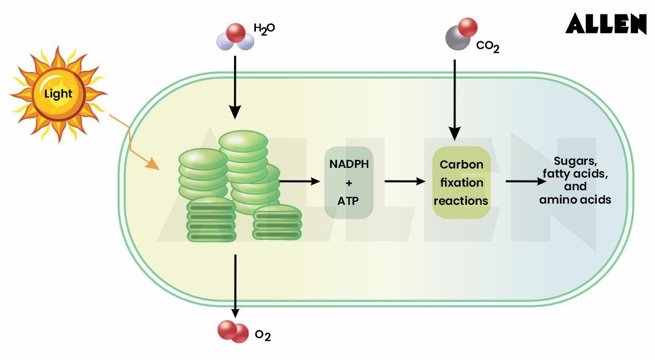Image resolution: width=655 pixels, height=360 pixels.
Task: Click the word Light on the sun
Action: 58,93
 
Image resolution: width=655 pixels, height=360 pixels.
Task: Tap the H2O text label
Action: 264,28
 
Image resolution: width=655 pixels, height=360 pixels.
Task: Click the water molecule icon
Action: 235,37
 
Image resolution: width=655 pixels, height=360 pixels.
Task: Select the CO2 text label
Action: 488,47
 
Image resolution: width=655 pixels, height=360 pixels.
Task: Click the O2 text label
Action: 263,335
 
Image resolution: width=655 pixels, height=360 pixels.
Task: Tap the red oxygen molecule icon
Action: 233,332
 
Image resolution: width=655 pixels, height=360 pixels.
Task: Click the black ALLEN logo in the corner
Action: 606,23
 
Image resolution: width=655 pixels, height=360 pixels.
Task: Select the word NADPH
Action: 349,164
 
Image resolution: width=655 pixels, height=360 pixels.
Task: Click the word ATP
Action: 349,199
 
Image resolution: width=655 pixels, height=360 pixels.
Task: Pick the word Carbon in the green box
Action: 462,165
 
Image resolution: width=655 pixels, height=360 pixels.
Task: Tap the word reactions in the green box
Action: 462,201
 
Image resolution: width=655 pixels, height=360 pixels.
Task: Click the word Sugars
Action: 576,162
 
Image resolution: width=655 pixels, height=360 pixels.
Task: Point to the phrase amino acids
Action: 575,199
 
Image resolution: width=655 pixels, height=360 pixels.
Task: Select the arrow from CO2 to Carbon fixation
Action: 455,97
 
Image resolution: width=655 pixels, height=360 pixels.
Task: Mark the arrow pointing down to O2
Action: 235,285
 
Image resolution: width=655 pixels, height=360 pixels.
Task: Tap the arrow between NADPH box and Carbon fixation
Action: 406,181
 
